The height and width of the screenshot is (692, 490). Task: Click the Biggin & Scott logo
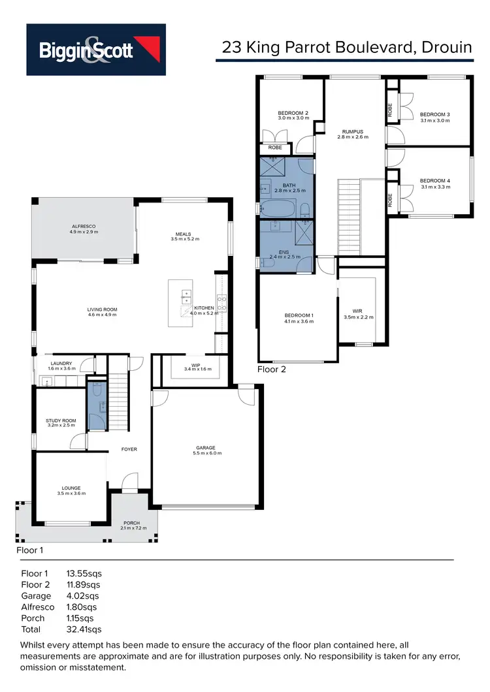click(96, 50)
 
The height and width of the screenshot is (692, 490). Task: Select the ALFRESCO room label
click(84, 226)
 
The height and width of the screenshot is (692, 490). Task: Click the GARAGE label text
click(205, 448)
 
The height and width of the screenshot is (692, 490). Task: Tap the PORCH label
click(132, 523)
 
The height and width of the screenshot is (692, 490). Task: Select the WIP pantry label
click(195, 365)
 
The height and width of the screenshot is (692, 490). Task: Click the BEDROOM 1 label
click(299, 315)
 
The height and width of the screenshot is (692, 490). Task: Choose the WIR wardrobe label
click(357, 311)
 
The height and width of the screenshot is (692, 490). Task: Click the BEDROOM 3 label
click(434, 114)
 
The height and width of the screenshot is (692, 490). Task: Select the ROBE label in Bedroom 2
click(275, 148)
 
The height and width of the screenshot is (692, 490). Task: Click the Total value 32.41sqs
click(84, 629)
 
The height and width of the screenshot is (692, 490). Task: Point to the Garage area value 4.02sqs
click(83, 595)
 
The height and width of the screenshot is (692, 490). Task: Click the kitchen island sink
click(185, 294)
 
